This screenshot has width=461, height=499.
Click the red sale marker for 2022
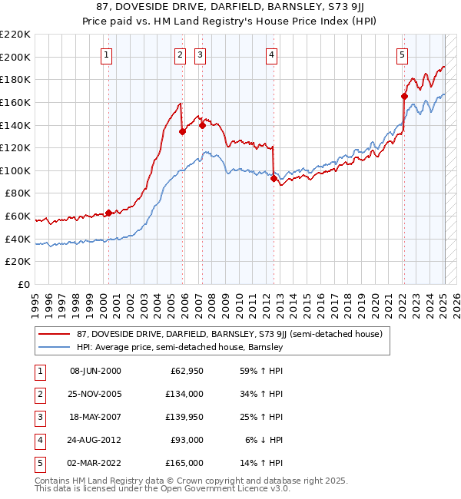404,97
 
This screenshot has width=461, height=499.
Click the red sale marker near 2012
274,178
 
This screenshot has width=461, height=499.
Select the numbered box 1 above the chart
105,55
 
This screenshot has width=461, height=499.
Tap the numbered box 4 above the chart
272,55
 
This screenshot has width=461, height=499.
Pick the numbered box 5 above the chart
403,55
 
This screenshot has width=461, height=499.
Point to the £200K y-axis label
15,57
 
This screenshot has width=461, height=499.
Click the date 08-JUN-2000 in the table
95,371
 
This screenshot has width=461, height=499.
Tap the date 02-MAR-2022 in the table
95,463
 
